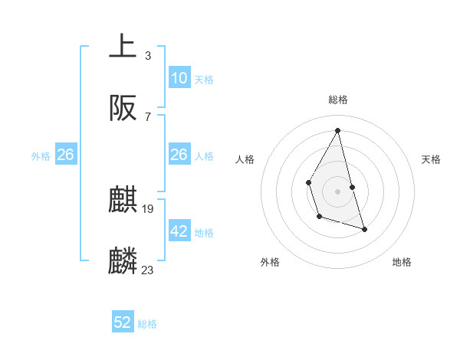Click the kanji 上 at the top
click(x=123, y=46)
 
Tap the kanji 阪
click(x=123, y=108)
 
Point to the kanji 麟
click(x=123, y=261)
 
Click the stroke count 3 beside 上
click(x=147, y=55)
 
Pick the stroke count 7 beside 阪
click(x=147, y=116)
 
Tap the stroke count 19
click(x=148, y=208)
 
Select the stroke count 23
click(x=148, y=270)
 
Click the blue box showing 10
click(x=179, y=78)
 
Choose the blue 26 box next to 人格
click(x=179, y=155)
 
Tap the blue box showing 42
click(x=179, y=231)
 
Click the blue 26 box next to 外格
click(x=66, y=155)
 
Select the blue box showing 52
click(x=123, y=323)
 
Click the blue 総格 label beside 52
click(x=147, y=324)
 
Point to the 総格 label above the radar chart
click(x=338, y=100)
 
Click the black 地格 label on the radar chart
click(x=402, y=262)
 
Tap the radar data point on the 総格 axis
click(x=338, y=129)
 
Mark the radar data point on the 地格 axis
click(x=364, y=229)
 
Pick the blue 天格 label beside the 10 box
click(x=204, y=79)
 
